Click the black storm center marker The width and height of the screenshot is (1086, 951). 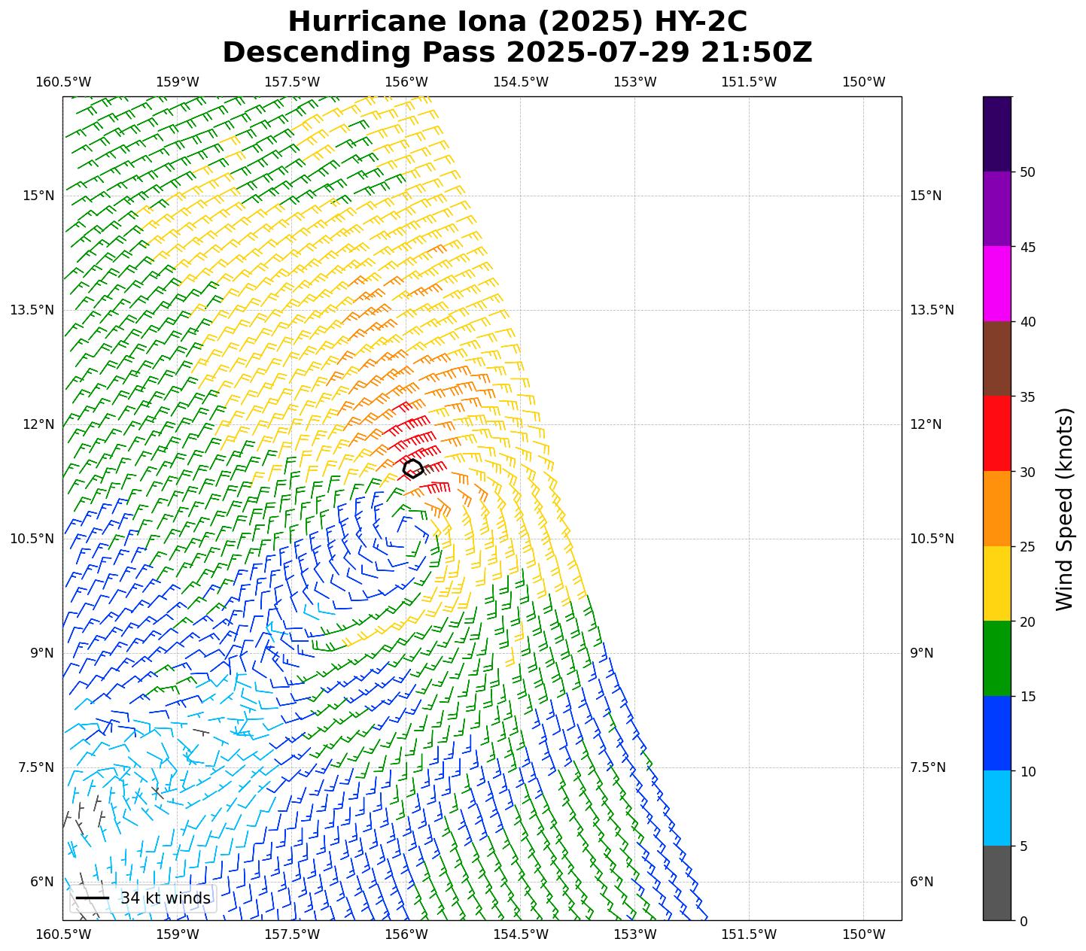tap(413, 468)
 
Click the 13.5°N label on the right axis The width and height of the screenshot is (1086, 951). tap(932, 310)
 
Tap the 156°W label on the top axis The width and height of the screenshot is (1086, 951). tap(406, 82)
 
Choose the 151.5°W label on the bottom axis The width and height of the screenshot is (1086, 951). tap(748, 934)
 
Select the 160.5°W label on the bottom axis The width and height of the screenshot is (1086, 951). tap(63, 934)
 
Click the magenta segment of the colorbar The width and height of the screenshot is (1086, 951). tap(997, 284)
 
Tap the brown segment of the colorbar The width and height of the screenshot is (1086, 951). tap(997, 359)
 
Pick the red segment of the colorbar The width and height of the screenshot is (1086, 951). tap(997, 433)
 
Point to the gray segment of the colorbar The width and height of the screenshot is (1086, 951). tap(997, 883)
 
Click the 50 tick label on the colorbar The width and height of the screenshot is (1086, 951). tap(1027, 172)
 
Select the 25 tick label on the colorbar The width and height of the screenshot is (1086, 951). tap(1027, 547)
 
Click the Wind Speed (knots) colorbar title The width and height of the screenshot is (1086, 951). tap(1064, 509)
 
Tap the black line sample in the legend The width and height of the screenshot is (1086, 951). tap(93, 898)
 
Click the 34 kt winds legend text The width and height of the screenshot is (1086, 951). tap(166, 898)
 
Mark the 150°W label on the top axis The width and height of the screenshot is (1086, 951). tap(863, 82)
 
